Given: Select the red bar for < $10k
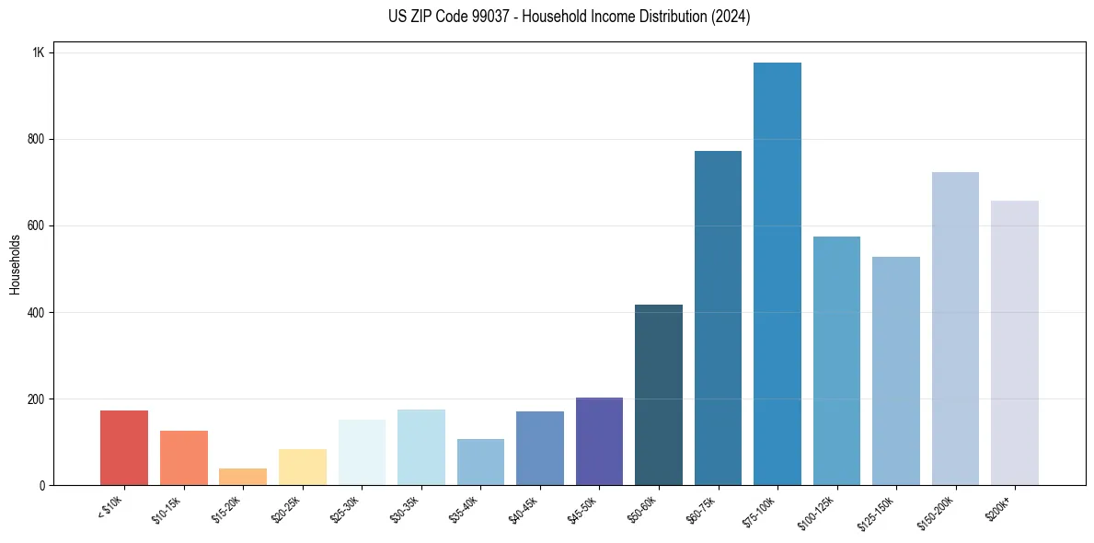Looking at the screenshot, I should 124,448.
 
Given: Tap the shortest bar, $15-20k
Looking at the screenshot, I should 243,477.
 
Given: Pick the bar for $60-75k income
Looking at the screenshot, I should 718,318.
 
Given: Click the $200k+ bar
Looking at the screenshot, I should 1015,343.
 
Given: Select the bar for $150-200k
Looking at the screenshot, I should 955,329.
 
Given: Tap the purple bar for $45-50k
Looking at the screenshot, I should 599,442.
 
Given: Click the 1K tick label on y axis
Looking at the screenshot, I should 39,53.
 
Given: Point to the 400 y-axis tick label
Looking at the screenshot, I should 36,313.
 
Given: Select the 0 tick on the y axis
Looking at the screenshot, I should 42,486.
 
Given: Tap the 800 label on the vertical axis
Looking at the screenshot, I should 36,140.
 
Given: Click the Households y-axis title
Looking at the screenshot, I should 15,264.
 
